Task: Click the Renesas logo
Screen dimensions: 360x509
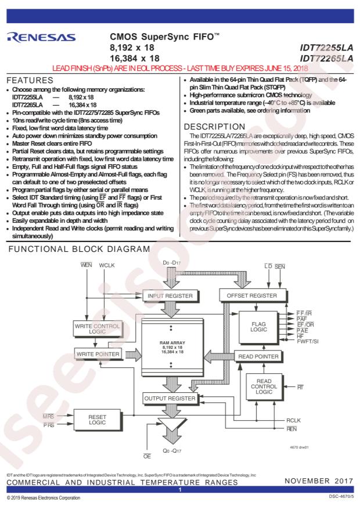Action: coord(41,37)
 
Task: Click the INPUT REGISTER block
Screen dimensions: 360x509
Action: coord(170,296)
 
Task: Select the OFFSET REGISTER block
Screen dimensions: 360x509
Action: coord(252,296)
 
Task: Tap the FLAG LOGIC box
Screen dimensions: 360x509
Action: coord(259,327)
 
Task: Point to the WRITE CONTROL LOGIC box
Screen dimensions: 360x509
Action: coord(98,328)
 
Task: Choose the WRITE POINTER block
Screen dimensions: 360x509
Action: coord(98,354)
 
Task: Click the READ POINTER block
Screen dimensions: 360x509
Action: coord(258,356)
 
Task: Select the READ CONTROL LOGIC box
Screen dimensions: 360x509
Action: coord(264,387)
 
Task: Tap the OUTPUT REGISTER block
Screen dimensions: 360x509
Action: coord(170,398)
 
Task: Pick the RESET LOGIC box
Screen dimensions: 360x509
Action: coord(98,420)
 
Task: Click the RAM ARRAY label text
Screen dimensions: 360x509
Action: coord(172,343)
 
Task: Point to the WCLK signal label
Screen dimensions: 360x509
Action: coord(107,266)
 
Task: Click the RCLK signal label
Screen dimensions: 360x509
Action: coord(293,420)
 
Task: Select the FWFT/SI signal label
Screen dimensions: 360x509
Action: coord(307,341)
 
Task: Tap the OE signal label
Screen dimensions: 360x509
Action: coord(147,456)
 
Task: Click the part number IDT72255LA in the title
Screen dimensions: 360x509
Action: coord(326,48)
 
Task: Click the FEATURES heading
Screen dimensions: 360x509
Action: coord(30,80)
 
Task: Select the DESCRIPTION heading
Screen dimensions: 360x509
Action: coord(215,127)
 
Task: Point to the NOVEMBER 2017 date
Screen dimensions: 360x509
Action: coord(319,481)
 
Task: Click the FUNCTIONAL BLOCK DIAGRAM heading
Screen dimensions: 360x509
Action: coord(79,249)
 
